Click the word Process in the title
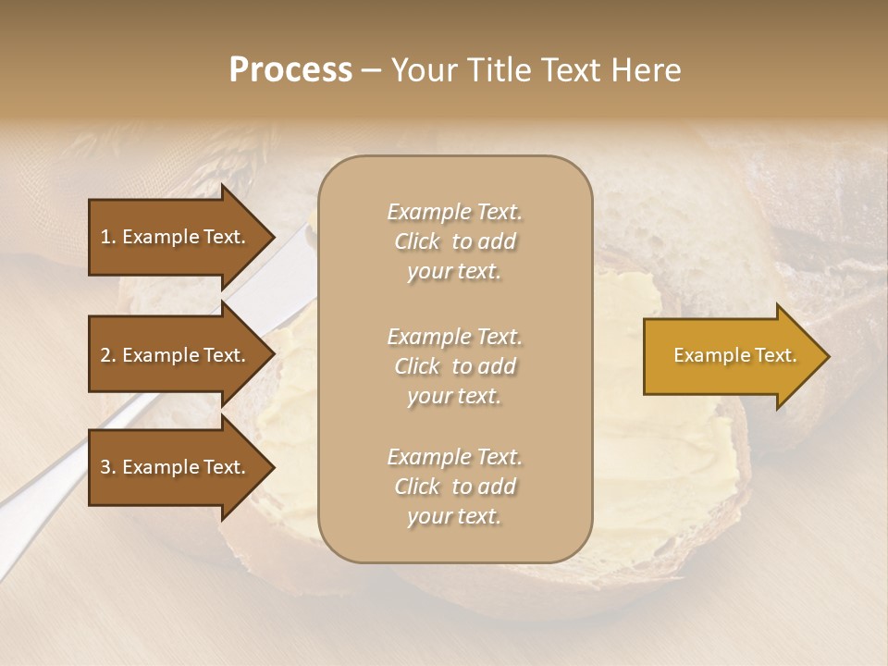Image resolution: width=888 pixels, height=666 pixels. [x=290, y=70]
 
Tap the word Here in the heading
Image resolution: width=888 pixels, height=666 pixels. [x=645, y=70]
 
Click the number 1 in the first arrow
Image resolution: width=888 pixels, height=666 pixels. [x=105, y=237]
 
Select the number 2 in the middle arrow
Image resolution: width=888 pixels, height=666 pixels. [x=105, y=355]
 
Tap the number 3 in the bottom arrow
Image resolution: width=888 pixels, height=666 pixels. [x=105, y=467]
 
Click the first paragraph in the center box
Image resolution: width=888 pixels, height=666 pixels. [x=454, y=241]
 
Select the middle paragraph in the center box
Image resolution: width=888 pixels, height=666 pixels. [x=454, y=366]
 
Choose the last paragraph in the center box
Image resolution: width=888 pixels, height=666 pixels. [x=454, y=487]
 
